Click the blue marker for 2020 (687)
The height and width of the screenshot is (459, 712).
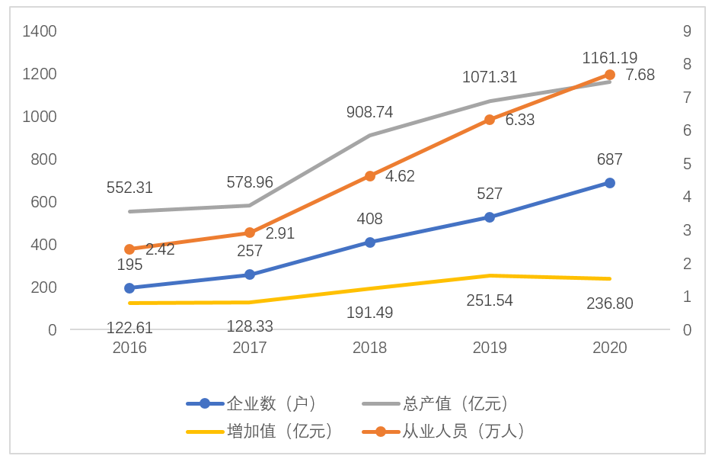tap(609, 183)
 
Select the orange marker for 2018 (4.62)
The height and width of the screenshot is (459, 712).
tap(369, 176)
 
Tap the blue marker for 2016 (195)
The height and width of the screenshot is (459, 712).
tap(129, 288)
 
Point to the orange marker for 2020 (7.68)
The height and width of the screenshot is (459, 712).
tap(609, 75)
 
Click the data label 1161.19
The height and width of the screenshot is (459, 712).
tap(609, 58)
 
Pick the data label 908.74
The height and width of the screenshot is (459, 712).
tap(369, 112)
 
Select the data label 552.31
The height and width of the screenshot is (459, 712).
tap(129, 188)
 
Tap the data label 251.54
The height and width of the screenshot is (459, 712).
tap(490, 300)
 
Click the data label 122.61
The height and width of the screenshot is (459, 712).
tap(129, 328)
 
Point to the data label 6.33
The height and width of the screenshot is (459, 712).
tap(520, 120)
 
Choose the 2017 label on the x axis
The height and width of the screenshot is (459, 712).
tap(250, 348)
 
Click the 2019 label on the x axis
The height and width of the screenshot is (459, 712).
tap(490, 348)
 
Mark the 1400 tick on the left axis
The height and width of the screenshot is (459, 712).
tap(40, 31)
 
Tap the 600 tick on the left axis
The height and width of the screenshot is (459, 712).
tap(43, 202)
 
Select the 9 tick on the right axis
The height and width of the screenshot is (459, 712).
tap(687, 31)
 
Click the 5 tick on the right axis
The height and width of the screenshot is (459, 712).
tap(687, 164)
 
